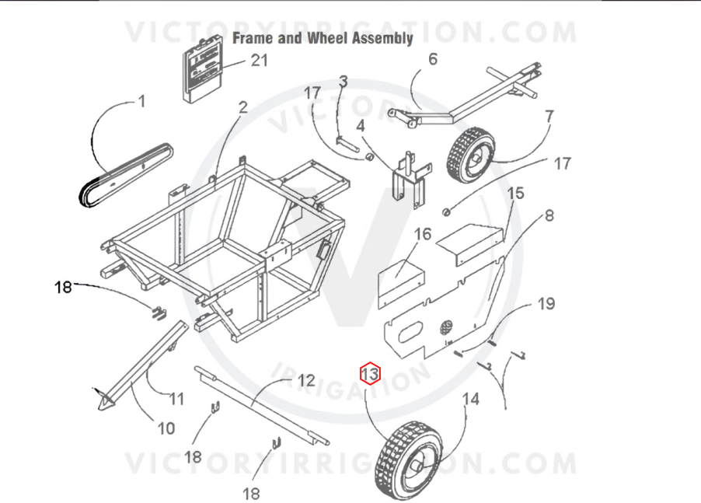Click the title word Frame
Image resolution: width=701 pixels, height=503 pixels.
pos(253,38)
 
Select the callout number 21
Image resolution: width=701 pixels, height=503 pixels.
pos(260,61)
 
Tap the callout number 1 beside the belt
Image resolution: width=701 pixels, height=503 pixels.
pos(142,102)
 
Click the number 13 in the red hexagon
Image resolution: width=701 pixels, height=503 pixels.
pos(370,373)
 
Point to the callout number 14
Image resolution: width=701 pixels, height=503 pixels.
pos(470,399)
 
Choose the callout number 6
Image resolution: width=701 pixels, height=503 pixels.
pos(433,59)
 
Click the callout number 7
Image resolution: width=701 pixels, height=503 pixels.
pos(549,117)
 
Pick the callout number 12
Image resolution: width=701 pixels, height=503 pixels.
pos(306,380)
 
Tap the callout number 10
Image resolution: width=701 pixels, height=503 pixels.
pos(166,428)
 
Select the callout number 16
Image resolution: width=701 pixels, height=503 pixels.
pos(423,234)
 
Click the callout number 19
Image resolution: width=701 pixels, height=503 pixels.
pos(546,304)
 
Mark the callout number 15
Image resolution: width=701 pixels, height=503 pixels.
pos(515,193)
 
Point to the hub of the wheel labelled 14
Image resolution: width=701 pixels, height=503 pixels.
pos(416,470)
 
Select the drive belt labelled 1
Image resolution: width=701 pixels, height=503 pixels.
pos(124,175)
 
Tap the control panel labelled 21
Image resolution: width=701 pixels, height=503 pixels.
pos(203,68)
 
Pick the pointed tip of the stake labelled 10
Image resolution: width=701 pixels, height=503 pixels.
pos(99,409)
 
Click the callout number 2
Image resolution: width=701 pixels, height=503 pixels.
pos(242,107)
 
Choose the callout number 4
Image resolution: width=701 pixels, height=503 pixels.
pos(361,126)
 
